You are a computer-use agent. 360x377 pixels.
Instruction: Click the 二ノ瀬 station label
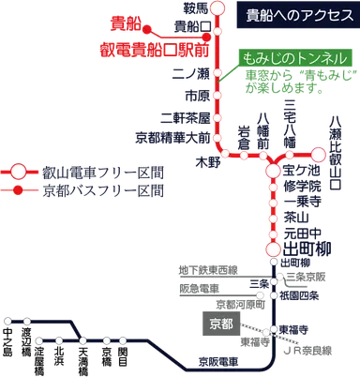pyautogui.click(x=192, y=71)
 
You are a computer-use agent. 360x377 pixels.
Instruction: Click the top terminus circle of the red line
pyautogui.click(x=218, y=9)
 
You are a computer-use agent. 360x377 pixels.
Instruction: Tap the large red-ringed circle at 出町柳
pyautogui.click(x=274, y=249)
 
